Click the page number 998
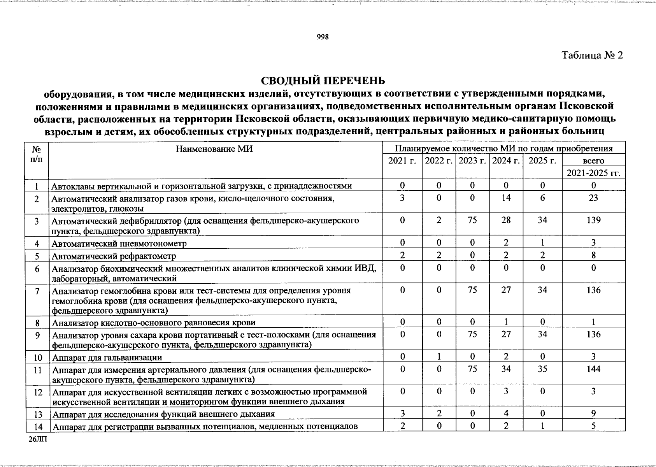[x=323, y=37]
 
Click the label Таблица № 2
[x=592, y=55]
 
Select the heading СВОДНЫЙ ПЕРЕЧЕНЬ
[x=323, y=80]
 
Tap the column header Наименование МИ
[x=214, y=149]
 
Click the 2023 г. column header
[x=472, y=161]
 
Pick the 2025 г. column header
[x=542, y=161]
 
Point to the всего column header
[x=593, y=161]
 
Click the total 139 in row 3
[x=593, y=220]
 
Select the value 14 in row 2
[x=506, y=198]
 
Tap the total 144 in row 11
[x=593, y=369]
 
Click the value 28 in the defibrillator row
[x=506, y=220]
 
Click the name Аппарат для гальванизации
[x=107, y=357]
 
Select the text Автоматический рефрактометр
[x=114, y=256]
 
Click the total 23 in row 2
[x=593, y=198]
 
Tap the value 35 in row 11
[x=542, y=369]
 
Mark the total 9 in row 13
[x=593, y=414]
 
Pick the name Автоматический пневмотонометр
[x=119, y=244]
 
